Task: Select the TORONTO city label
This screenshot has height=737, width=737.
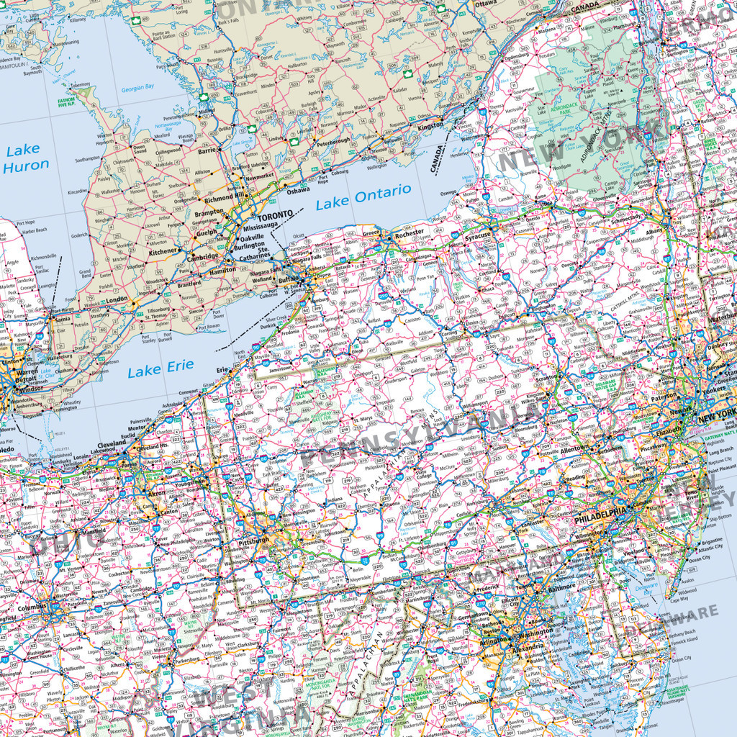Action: click(x=276, y=215)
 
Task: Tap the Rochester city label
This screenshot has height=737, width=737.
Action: click(x=410, y=234)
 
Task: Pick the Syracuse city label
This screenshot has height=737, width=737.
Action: click(x=478, y=235)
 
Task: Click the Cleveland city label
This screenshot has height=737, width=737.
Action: click(x=112, y=444)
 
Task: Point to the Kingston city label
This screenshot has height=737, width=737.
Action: click(x=430, y=126)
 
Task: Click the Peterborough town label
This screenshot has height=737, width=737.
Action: click(x=333, y=140)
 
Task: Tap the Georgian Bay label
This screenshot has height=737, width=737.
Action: click(x=137, y=88)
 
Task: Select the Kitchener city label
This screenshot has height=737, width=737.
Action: click(x=163, y=252)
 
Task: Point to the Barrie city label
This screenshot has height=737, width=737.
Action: click(x=207, y=150)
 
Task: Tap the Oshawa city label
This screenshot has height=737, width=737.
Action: click(x=297, y=191)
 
